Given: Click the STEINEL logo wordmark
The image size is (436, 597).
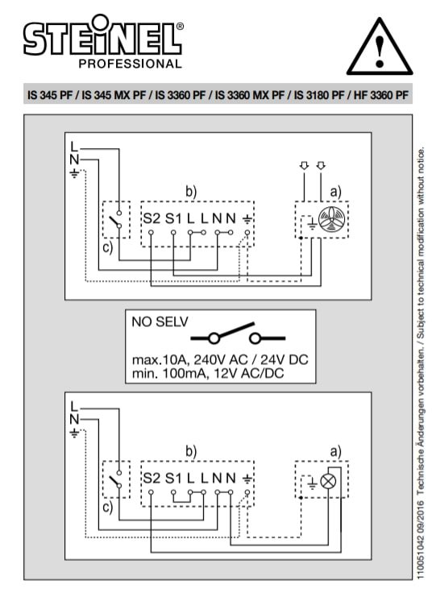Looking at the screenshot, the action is pos(103,36).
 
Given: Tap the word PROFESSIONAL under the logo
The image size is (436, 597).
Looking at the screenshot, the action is pos(131,64).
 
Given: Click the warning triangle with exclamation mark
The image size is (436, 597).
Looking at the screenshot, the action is pos(380,47).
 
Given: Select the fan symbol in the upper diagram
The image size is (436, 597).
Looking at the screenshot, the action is pos(331,220).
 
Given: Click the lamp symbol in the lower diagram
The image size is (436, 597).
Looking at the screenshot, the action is pos(328,482).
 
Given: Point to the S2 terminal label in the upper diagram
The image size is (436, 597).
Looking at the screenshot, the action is pos(152,218).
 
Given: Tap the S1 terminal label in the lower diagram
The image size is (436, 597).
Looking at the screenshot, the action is pos(173,479).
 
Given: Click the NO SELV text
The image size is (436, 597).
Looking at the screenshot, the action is pos(160,322).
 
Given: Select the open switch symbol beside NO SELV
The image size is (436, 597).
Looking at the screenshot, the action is pos(238,334).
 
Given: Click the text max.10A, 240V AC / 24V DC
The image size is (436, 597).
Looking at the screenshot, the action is pos(220,359).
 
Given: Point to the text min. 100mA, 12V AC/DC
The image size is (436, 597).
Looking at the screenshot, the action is pos(208,374).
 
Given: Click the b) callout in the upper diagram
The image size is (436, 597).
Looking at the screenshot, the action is pos(191,191).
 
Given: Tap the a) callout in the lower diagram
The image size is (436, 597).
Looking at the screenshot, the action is pos(335,451).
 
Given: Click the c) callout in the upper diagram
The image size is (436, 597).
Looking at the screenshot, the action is pos(108,247).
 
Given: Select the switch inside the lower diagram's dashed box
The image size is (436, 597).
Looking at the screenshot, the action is pos(116,479).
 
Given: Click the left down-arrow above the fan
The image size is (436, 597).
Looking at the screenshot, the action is pos(304,166).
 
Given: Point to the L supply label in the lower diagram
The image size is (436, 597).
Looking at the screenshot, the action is pos(74,406).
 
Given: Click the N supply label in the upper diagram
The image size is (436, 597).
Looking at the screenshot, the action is pos(74,160).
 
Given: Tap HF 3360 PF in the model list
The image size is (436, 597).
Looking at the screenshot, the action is pos(381,95).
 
